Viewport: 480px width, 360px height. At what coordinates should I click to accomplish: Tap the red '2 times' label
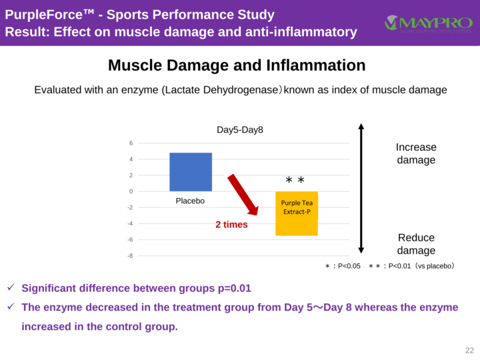click(x=231, y=225)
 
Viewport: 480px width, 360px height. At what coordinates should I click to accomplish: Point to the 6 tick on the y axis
click(x=131, y=143)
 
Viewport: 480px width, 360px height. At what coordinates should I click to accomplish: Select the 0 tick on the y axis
click(x=131, y=191)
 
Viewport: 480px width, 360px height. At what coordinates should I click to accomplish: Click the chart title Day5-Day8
click(x=240, y=129)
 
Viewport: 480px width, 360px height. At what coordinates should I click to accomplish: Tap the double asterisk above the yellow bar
click(x=295, y=181)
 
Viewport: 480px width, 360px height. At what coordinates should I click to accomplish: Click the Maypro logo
click(x=427, y=23)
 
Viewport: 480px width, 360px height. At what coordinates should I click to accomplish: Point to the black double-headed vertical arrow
click(x=361, y=187)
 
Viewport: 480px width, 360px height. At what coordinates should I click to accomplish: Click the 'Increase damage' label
click(x=416, y=153)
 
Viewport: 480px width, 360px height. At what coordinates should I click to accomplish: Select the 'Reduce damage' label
click(x=416, y=244)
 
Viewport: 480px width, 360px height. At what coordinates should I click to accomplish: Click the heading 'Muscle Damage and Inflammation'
click(x=237, y=65)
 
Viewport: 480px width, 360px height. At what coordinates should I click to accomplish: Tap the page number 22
click(x=469, y=351)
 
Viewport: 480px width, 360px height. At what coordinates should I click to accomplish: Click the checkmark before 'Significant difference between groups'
click(x=11, y=288)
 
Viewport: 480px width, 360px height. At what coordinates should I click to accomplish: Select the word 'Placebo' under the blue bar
click(x=190, y=201)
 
